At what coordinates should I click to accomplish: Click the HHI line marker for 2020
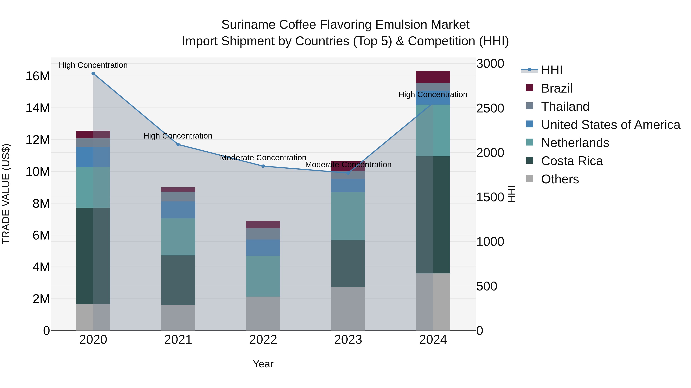pos(93,73)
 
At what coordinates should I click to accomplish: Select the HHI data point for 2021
pos(178,145)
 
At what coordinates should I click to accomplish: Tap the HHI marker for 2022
pos(263,166)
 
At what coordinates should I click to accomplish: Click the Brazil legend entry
pos(557,88)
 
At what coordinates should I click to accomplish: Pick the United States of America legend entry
pos(610,125)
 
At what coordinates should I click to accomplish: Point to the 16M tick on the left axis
pos(38,76)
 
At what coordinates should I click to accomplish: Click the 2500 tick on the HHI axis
pos(490,108)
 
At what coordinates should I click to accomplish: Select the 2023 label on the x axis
pos(348,340)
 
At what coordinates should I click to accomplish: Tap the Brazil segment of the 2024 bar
pos(433,77)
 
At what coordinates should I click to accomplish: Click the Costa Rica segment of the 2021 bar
pos(178,280)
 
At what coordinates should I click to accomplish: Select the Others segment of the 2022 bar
pos(263,313)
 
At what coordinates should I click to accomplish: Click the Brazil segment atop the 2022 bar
pos(263,225)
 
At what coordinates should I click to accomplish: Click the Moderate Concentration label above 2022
pos(263,158)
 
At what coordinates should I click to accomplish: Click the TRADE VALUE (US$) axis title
pos(6,194)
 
